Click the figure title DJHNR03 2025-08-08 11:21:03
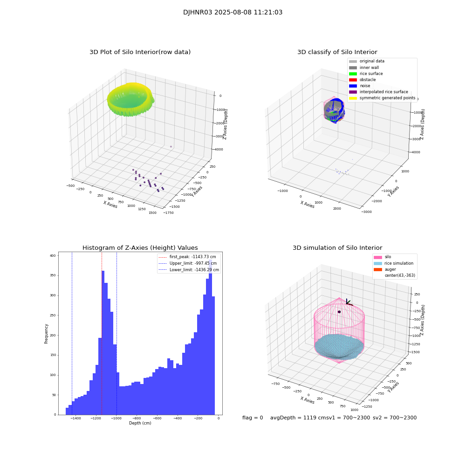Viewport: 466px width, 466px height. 233,13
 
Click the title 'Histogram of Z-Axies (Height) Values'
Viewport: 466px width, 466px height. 140,248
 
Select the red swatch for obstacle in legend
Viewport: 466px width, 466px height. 353,80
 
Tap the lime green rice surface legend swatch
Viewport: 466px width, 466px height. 353,74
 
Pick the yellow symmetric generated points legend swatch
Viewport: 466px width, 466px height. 353,98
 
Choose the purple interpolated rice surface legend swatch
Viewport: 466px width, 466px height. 353,92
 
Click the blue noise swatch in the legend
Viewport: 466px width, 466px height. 353,86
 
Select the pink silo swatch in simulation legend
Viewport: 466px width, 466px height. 377,257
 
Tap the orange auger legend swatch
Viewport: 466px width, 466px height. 377,269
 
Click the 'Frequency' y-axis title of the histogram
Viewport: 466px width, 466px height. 46,333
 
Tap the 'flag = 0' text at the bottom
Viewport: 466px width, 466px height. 252,418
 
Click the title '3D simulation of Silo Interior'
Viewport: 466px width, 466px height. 337,248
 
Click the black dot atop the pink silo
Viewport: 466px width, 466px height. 339,312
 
